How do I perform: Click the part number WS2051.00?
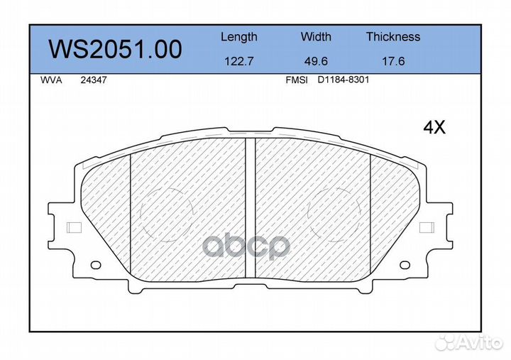pos(115,49)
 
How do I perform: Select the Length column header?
pos(239,38)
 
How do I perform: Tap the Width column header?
pos(316,36)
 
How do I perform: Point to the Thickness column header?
pos(393,36)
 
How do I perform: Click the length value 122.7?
pos(239,61)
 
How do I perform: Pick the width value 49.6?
pos(316,61)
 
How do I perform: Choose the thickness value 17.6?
pos(393,61)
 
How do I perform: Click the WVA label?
pos(51,80)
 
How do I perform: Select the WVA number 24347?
pos(94,80)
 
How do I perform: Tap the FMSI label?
pos(297,80)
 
